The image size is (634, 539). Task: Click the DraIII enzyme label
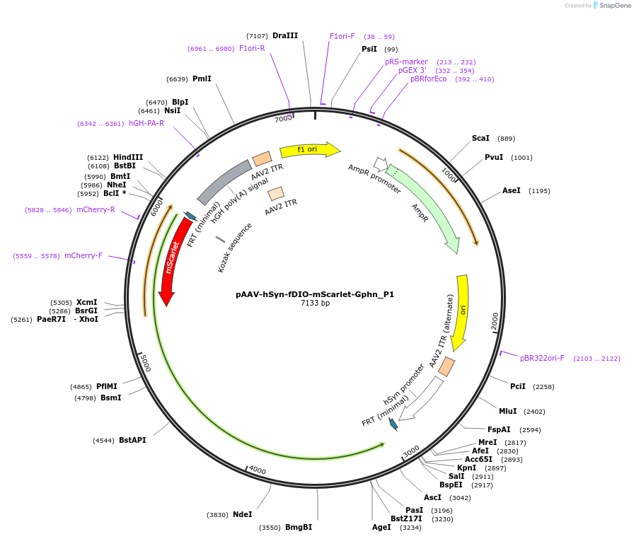coord(285,35)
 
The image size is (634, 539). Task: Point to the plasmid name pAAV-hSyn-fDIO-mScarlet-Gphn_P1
coord(315,294)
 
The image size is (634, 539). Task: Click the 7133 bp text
coord(315,303)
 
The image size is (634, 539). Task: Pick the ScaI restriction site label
coord(481,139)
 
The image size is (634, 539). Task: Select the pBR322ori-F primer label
coord(542,359)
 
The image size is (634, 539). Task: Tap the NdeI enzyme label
coord(242,514)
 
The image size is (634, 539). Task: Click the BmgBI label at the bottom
coord(298,527)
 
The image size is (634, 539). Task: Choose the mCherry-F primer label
coord(83,255)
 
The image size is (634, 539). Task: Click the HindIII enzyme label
coord(128,157)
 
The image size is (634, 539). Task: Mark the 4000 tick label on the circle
coord(257,470)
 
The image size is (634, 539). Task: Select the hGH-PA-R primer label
coord(146,123)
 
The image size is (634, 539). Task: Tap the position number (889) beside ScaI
coord(507,139)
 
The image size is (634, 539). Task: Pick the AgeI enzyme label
coord(381,527)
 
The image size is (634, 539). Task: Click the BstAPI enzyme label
coord(132,440)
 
